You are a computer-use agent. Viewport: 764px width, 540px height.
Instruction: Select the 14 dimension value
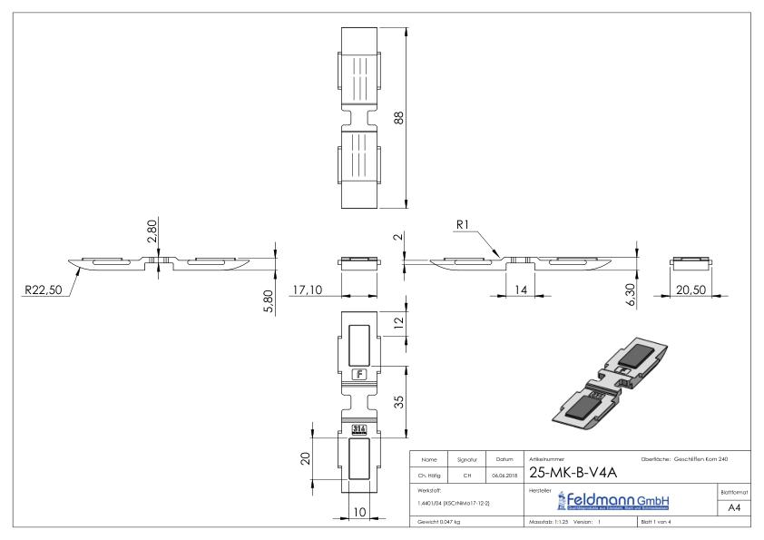coord(520,290)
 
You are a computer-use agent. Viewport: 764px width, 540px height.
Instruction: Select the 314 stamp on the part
coord(358,428)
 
